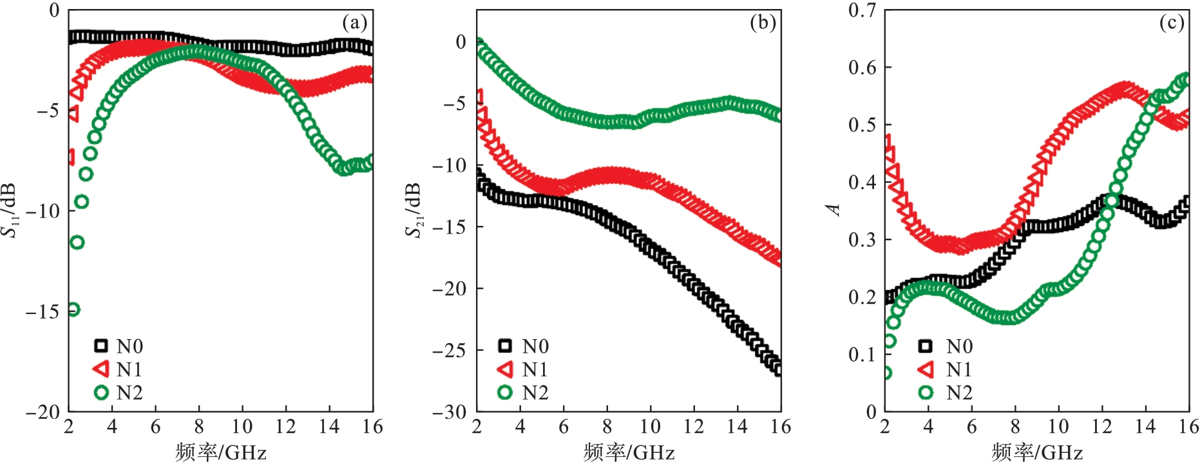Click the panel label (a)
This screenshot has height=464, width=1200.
pyautogui.click(x=354, y=23)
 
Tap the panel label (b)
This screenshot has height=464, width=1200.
pyautogui.click(x=763, y=23)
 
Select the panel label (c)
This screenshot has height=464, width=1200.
pyautogui.click(x=1171, y=23)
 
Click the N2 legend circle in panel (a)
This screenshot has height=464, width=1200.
pyautogui.click(x=101, y=393)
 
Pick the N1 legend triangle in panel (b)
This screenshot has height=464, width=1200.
pyautogui.click(x=506, y=369)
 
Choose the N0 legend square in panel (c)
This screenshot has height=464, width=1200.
pyautogui.click(x=925, y=346)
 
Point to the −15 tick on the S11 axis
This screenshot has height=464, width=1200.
pyautogui.click(x=43, y=311)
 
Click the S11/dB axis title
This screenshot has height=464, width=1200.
pyautogui.click(x=10, y=210)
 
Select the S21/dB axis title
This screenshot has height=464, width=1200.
pyautogui.click(x=414, y=210)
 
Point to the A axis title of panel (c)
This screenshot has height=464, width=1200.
pyautogui.click(x=833, y=210)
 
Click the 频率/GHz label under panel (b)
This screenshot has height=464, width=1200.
pyautogui.click(x=629, y=452)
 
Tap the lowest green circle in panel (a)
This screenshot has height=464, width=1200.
pyautogui.click(x=73, y=310)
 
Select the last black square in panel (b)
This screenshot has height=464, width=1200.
pyautogui.click(x=778, y=369)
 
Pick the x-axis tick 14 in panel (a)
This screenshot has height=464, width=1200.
pyautogui.click(x=329, y=427)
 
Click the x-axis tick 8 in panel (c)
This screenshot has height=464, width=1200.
pyautogui.click(x=1015, y=427)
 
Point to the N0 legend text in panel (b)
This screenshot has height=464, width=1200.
pyautogui.click(x=535, y=346)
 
